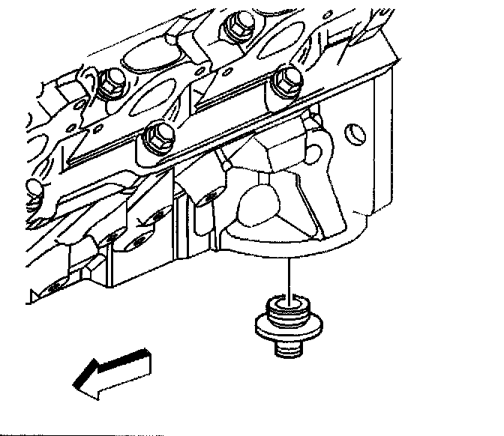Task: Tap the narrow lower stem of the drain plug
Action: tap(289, 348)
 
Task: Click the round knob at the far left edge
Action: tap(31, 187)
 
